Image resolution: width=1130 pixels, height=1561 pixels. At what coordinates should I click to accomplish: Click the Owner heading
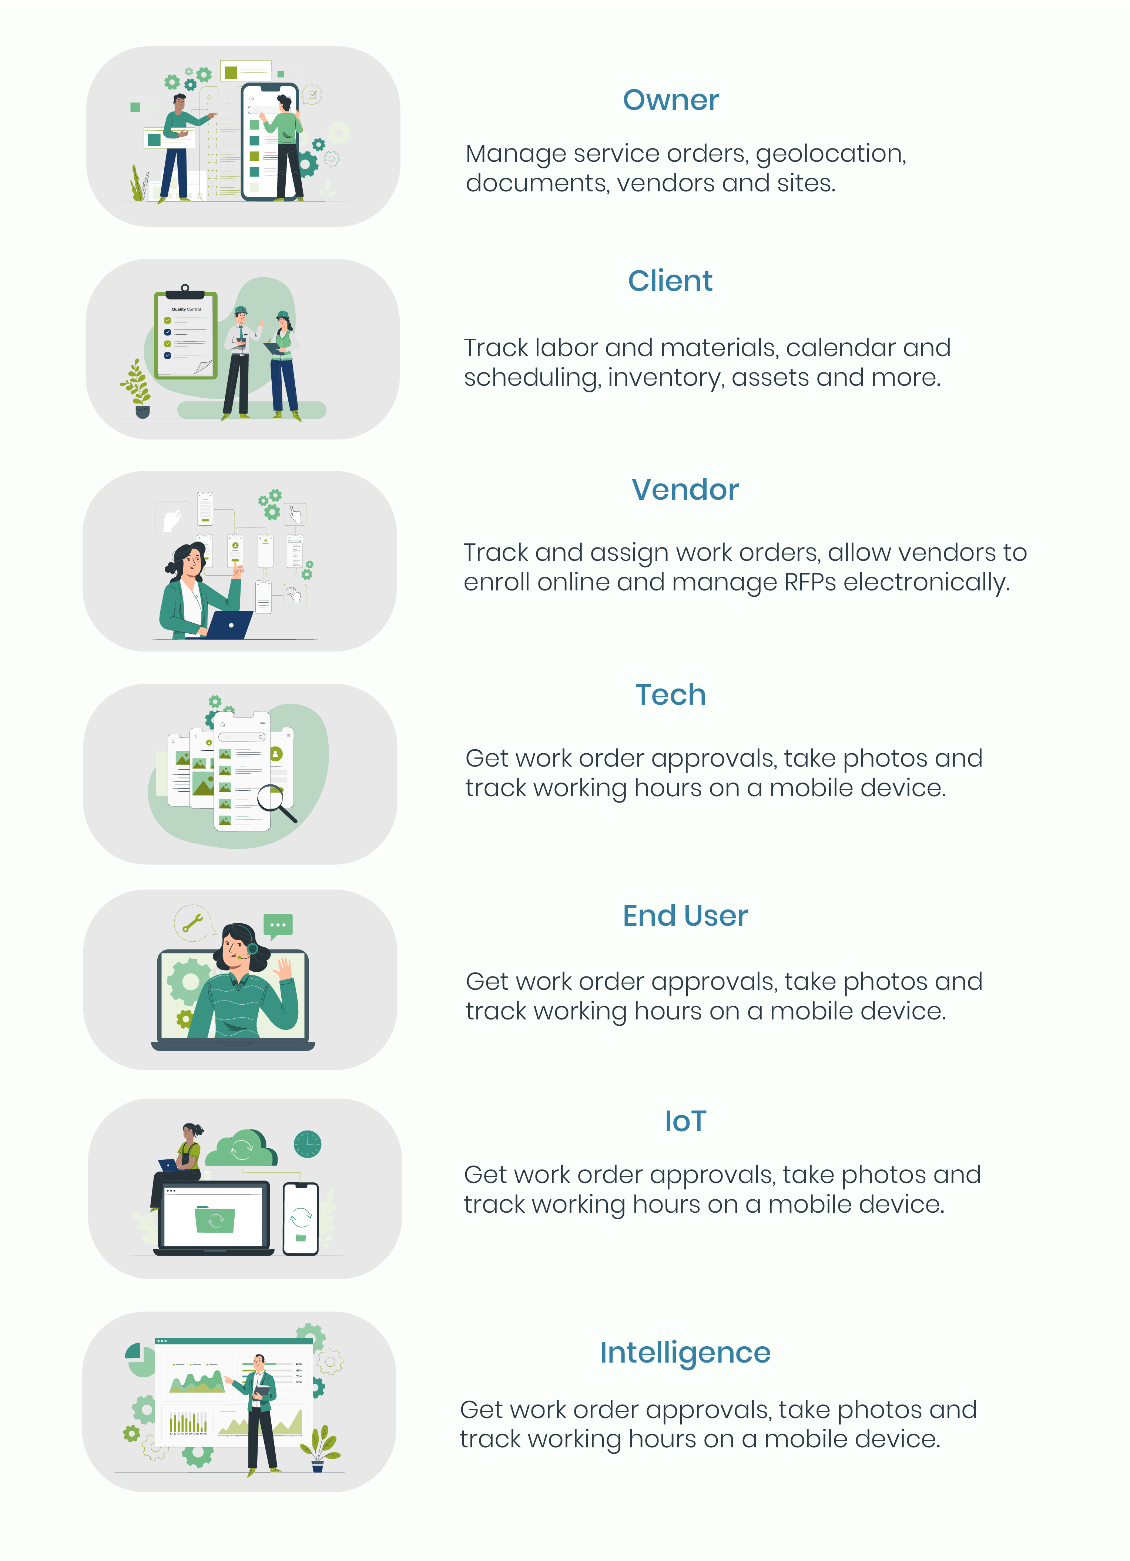pos(671,100)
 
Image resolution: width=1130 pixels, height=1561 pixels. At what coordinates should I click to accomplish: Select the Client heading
pos(670,281)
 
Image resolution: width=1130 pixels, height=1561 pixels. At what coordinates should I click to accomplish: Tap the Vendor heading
pos(685,489)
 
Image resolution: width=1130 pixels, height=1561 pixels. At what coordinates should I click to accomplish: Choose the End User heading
pos(685,915)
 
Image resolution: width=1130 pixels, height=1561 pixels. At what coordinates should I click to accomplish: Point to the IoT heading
pos(685,1121)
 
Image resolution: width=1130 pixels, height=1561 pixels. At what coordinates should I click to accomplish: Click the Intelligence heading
pos(685,1353)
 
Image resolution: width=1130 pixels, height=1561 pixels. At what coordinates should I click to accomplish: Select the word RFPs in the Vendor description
pos(811,582)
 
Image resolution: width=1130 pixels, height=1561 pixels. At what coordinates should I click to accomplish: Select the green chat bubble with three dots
pos(278,926)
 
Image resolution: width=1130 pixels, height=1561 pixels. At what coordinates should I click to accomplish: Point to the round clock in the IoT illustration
pos(308,1144)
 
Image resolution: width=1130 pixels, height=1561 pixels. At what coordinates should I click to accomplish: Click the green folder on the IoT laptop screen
pos(215,1219)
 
